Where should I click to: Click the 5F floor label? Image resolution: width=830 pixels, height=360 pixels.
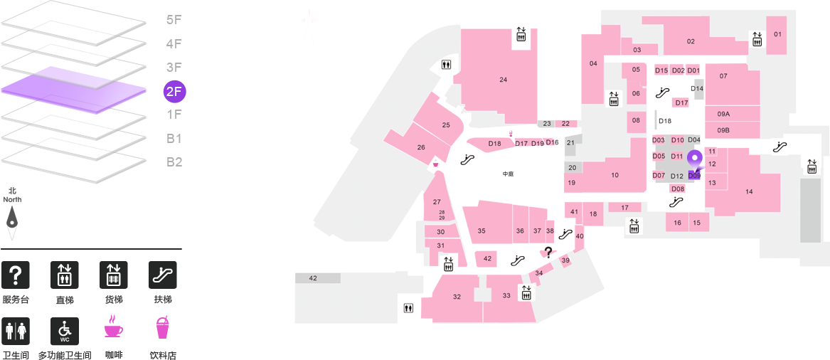(x=174, y=21)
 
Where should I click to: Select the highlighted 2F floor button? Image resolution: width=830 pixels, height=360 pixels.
(x=175, y=92)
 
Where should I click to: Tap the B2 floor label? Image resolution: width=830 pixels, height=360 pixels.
(x=174, y=162)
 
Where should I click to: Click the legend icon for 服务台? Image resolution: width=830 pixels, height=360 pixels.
(x=16, y=275)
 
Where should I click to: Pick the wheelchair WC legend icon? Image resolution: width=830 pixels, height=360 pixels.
(x=65, y=332)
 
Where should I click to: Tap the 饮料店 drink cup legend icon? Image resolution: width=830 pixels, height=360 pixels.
(x=162, y=328)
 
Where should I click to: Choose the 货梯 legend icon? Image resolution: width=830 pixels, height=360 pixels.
(x=114, y=275)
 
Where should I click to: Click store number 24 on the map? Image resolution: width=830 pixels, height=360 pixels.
(x=504, y=80)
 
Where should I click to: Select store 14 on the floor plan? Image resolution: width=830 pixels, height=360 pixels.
(x=749, y=191)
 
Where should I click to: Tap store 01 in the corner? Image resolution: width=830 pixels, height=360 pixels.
(x=777, y=34)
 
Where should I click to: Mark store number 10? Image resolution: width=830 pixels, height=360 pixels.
(x=614, y=175)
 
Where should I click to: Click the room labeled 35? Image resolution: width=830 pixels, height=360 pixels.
(x=481, y=231)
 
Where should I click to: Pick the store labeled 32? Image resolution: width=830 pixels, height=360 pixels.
(x=457, y=297)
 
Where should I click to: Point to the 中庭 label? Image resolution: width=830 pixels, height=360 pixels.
(x=508, y=174)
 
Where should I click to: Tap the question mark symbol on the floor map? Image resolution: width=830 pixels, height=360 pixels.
(x=548, y=253)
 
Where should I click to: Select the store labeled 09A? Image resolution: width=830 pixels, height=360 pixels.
(x=723, y=114)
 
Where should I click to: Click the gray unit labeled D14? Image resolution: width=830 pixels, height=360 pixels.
(x=697, y=88)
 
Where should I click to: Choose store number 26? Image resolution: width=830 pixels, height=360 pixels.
(x=421, y=147)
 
